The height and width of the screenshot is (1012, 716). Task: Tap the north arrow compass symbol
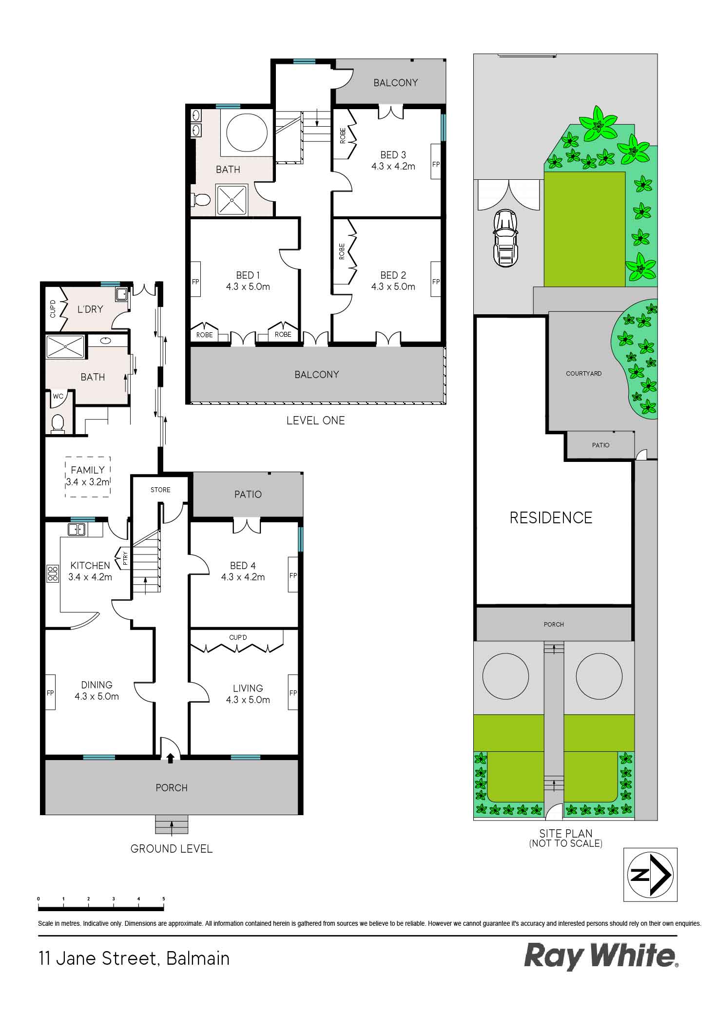point(650,875)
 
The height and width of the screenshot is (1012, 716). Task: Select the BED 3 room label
point(393,155)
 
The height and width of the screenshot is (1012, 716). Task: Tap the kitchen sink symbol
point(77,529)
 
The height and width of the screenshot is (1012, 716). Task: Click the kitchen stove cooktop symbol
point(51,573)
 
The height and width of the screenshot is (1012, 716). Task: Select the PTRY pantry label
point(125,557)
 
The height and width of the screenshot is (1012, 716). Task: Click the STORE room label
point(160,490)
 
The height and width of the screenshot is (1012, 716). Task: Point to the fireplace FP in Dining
point(50,693)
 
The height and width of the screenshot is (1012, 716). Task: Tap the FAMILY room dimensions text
point(88,482)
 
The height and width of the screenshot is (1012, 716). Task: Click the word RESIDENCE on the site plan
point(551,517)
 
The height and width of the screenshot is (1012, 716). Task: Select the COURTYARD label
point(583,374)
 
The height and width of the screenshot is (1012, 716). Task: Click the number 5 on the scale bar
point(163,899)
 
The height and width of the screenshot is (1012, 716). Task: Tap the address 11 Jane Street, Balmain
point(134,958)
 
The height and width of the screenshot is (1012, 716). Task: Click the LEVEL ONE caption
point(315,420)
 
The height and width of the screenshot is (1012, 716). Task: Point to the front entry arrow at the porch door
point(170,758)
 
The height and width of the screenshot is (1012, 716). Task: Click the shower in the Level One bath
point(232,199)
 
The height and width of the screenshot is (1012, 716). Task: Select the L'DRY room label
point(90,309)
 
